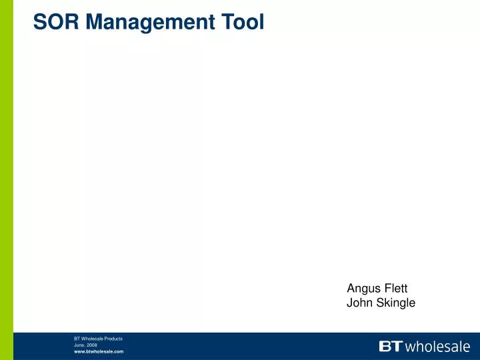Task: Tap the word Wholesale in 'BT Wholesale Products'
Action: click(90, 339)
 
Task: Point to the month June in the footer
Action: click(79, 345)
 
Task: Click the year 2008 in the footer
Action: click(91, 345)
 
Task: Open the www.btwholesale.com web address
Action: click(99, 351)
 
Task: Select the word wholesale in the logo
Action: click(437, 346)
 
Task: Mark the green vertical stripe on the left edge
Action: click(7, 167)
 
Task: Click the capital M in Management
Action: click(92, 22)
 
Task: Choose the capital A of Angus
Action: click(351, 288)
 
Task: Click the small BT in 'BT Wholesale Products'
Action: click(77, 339)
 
